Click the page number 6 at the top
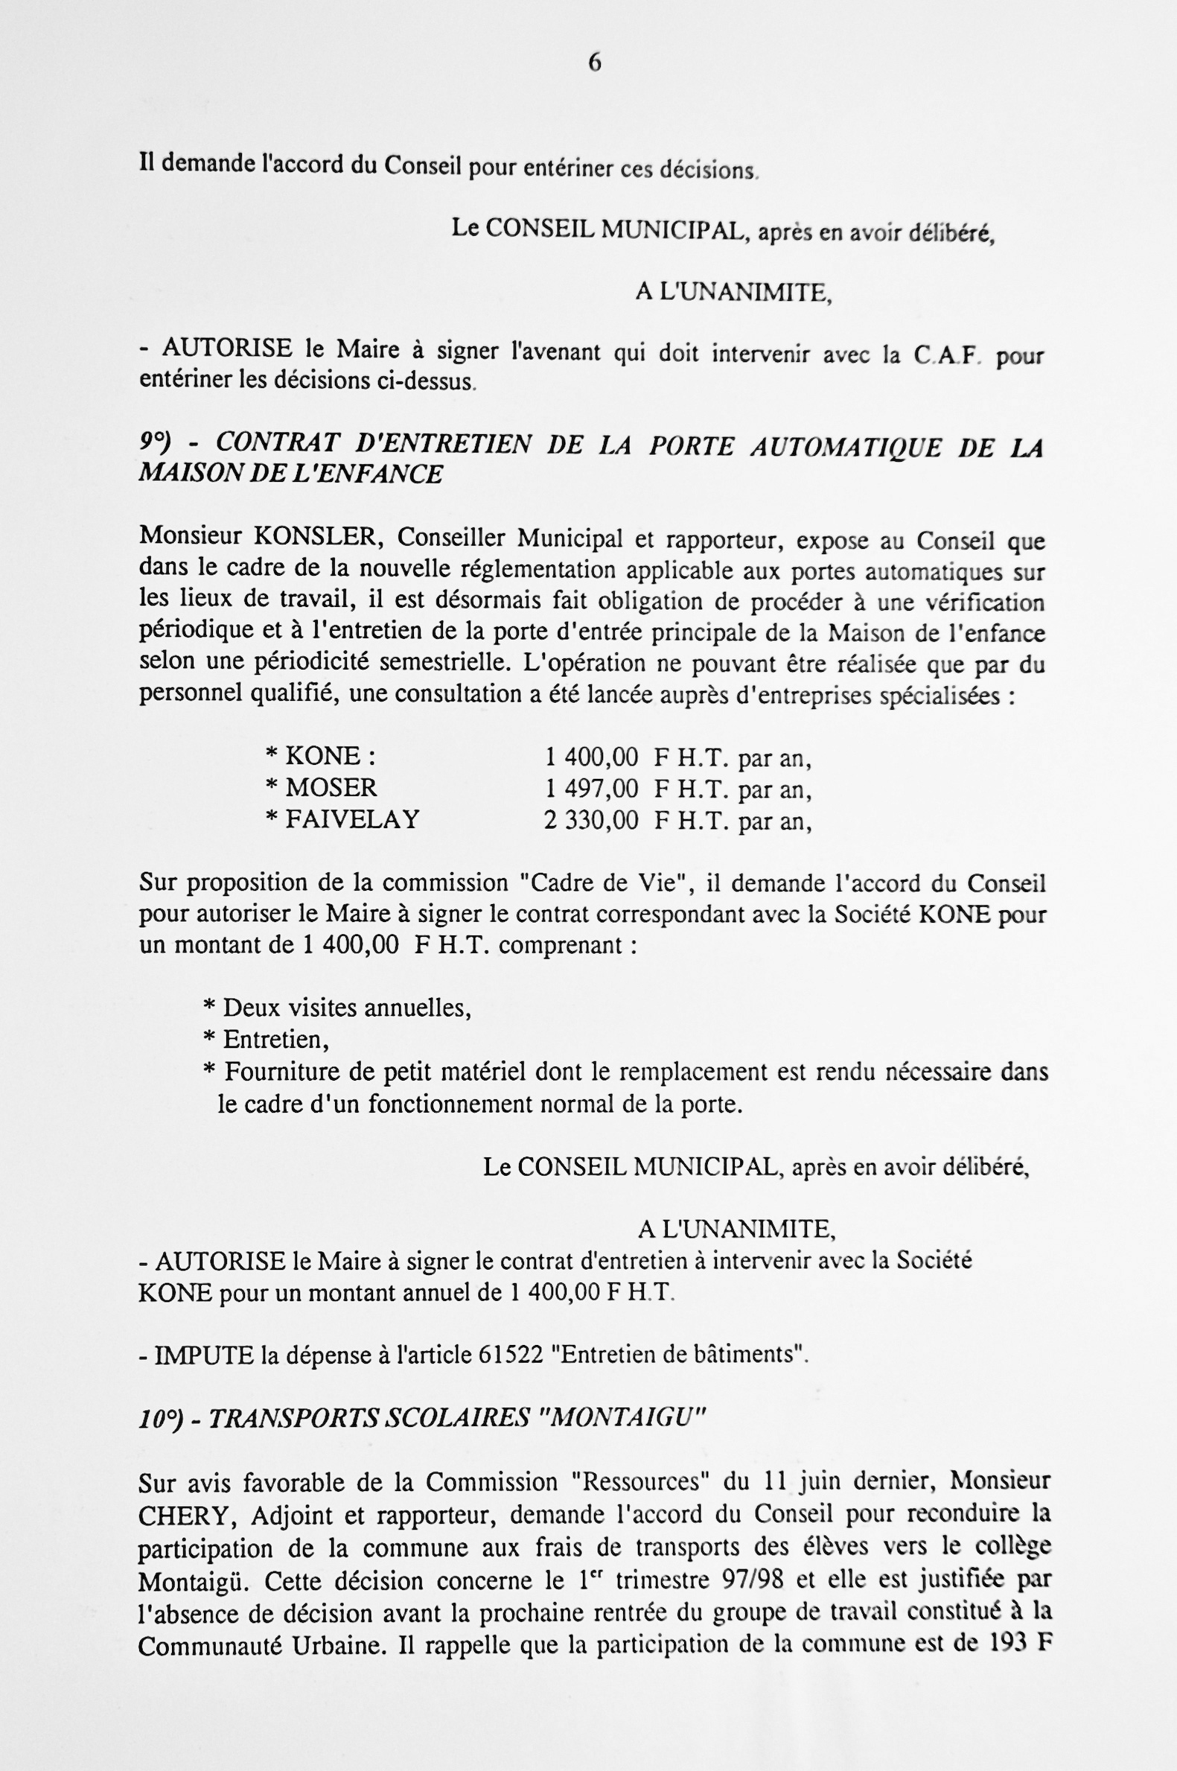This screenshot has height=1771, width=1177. pos(594,63)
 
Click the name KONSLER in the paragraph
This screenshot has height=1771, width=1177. pos(313,537)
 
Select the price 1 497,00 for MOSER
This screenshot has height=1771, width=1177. pos(592,788)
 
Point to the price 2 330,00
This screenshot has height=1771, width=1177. pos(591,820)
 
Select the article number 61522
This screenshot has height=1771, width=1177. pos(511,1354)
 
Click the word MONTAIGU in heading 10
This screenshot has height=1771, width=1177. pos(621,1417)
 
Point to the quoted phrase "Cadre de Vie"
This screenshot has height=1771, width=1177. pos(606,883)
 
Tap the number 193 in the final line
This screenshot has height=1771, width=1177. pos(1008,1644)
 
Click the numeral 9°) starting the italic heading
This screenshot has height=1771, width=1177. pos(156,443)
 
